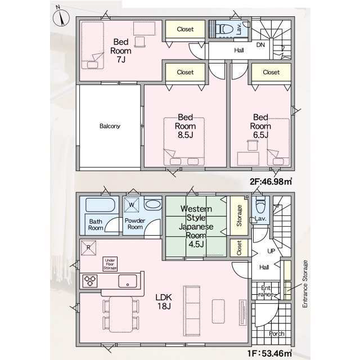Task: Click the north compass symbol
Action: pyautogui.click(x=61, y=17)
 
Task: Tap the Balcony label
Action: pyautogui.click(x=110, y=126)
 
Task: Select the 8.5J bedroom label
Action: pyautogui.click(x=185, y=126)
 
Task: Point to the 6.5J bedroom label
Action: pyautogui.click(x=260, y=126)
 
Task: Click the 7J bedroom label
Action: pyautogui.click(x=121, y=51)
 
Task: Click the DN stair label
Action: pyautogui.click(x=260, y=45)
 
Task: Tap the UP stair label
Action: pyautogui.click(x=271, y=251)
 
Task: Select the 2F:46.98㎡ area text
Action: pyautogui.click(x=271, y=182)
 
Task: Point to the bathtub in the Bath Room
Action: pyautogui.click(x=100, y=205)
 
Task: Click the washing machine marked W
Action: pyautogui.click(x=132, y=205)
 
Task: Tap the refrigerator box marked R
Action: pyautogui.click(x=89, y=247)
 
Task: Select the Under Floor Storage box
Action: pyautogui.click(x=110, y=264)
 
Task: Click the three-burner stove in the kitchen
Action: pyautogui.click(x=90, y=281)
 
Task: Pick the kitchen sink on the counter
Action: pyautogui.click(x=128, y=281)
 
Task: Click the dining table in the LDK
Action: pyautogui.click(x=121, y=314)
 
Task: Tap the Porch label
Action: pyautogui.click(x=276, y=334)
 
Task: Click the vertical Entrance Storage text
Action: pyautogui.click(x=305, y=284)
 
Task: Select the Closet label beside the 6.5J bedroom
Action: pyautogui.click(x=271, y=73)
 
